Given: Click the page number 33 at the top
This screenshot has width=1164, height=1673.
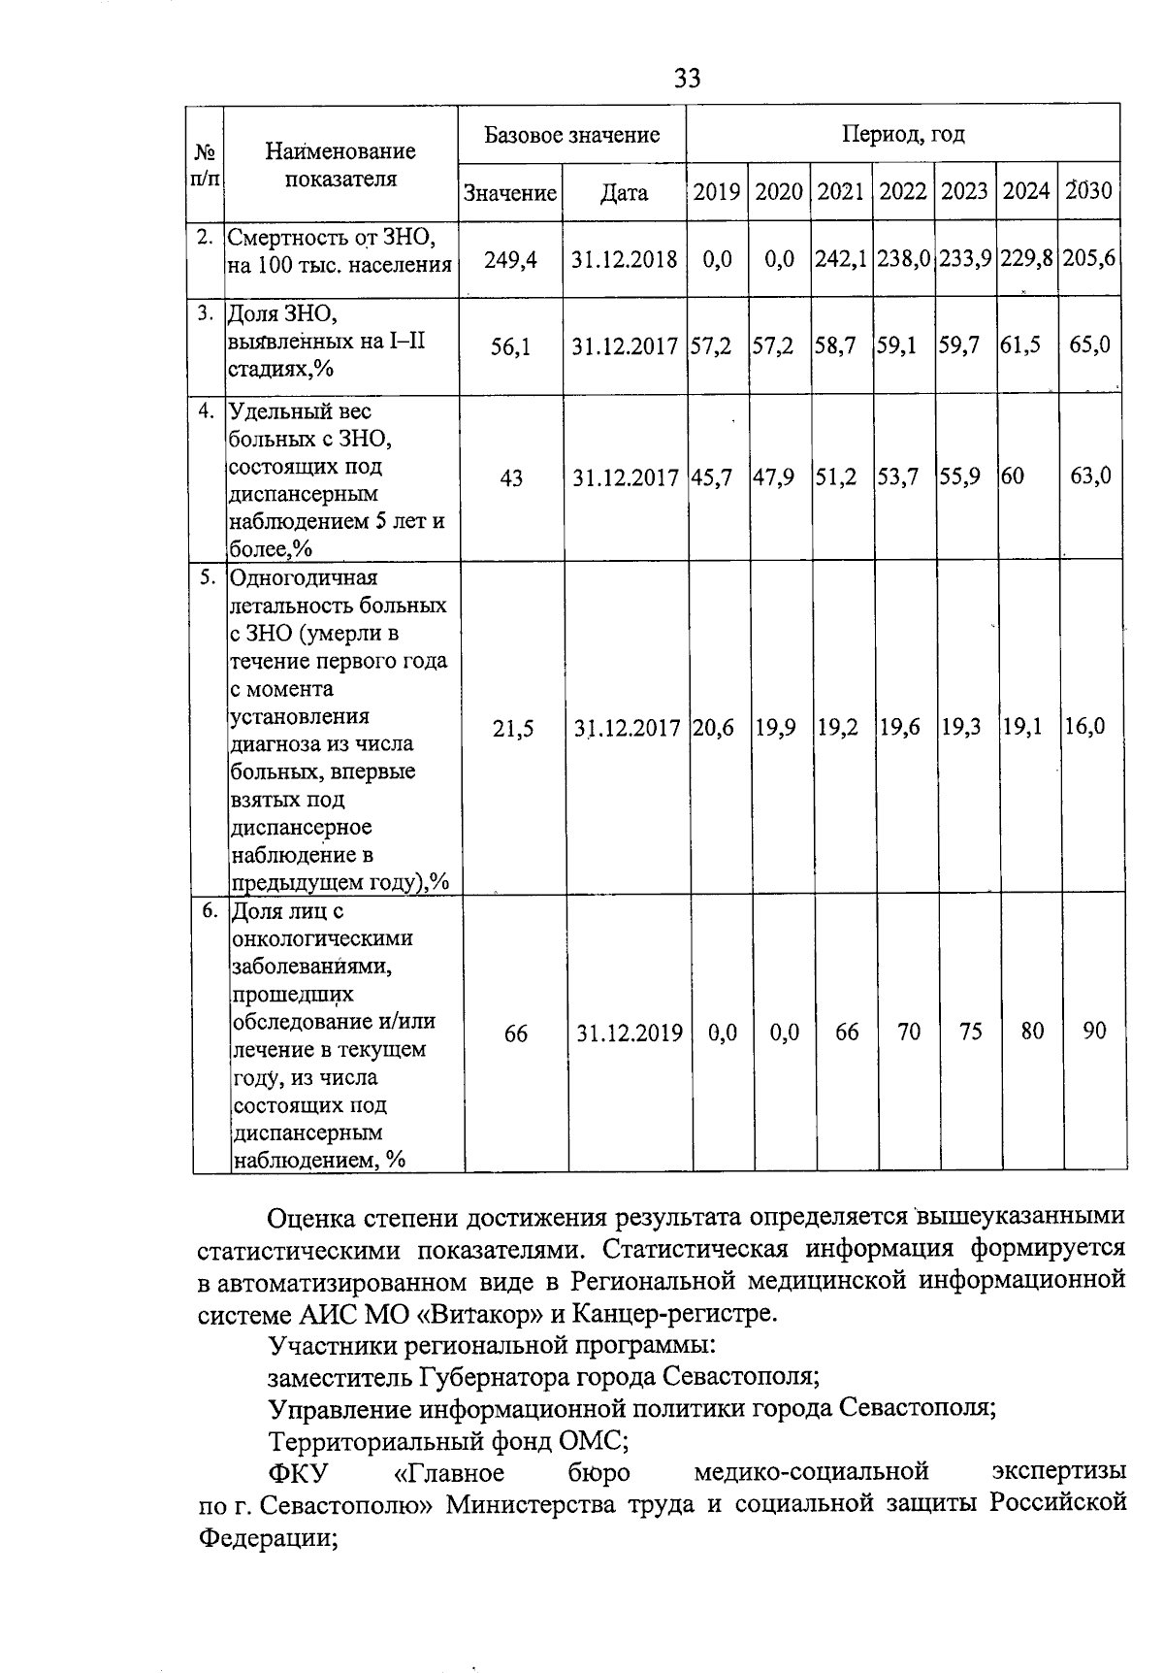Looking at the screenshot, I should click(687, 78).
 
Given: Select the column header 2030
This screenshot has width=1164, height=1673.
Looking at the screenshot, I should click(1089, 191).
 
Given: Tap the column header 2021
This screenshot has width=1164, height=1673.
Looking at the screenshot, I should click(840, 191).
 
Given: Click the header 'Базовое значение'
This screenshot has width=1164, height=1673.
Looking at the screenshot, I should click(572, 134).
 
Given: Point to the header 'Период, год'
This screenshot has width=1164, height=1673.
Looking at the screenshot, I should click(902, 134).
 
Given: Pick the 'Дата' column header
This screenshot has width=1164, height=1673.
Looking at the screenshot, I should click(624, 192).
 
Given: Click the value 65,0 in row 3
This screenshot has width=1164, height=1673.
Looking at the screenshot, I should click(1089, 344).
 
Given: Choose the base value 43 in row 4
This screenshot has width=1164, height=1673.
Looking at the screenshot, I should click(510, 477).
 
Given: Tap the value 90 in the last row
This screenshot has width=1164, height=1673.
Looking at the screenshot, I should click(1094, 1032).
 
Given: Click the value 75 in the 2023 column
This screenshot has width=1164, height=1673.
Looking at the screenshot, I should click(970, 1032).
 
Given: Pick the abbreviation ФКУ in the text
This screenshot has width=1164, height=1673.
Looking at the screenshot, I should click(298, 1473).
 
